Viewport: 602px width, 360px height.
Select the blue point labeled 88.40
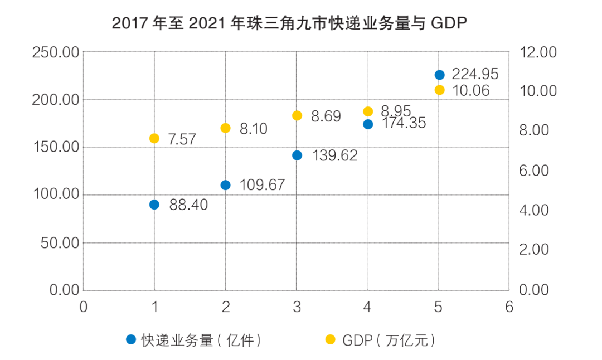click(154, 205)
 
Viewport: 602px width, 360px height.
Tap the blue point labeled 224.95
click(439, 75)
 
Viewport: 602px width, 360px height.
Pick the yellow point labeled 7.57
click(154, 138)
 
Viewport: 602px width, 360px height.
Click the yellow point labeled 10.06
click(439, 90)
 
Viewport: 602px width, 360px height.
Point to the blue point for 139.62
click(297, 155)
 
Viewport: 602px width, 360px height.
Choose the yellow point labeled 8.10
click(226, 128)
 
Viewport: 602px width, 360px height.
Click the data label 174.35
click(404, 123)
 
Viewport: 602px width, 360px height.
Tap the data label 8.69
click(326, 116)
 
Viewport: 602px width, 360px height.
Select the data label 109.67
click(262, 185)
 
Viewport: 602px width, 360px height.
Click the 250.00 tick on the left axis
click(56, 52)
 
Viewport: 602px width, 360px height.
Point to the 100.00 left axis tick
click(56, 195)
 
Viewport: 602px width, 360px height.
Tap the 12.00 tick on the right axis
click(538, 52)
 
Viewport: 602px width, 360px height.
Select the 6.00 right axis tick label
click(534, 171)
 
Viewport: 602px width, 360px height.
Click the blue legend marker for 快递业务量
click(131, 339)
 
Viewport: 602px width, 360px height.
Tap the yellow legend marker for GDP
click(331, 339)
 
